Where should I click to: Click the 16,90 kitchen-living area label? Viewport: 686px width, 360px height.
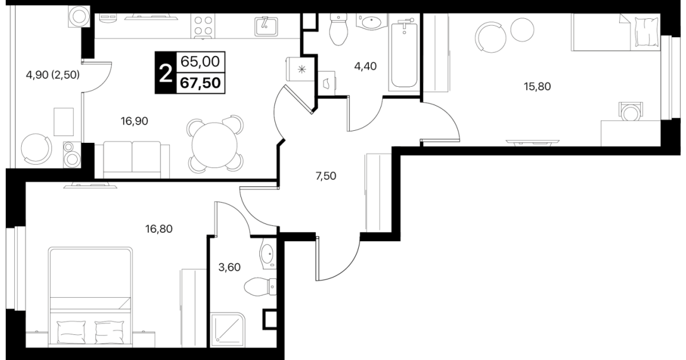click(134, 121)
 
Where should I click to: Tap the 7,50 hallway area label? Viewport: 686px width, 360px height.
click(326, 176)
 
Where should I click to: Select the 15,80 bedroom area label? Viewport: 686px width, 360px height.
click(537, 87)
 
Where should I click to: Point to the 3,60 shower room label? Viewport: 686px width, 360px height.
click(230, 267)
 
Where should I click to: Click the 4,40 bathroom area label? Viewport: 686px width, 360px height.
click(366, 66)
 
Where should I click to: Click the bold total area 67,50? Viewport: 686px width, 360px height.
click(200, 83)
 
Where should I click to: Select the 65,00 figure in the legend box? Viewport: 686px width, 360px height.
click(200, 62)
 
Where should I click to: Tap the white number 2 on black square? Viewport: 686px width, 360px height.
click(166, 74)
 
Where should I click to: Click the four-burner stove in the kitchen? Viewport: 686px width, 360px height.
click(203, 26)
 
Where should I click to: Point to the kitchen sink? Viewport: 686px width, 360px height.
click(266, 26)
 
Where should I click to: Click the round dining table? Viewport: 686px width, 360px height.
click(215, 145)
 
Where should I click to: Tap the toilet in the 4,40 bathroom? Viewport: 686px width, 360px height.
click(338, 29)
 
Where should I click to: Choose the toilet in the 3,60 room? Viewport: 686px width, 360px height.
click(260, 287)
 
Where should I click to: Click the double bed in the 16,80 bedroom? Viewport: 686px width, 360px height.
click(90, 297)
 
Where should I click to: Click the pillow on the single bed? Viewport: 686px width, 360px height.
click(647, 31)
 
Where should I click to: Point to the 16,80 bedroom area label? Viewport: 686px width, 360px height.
click(159, 229)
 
